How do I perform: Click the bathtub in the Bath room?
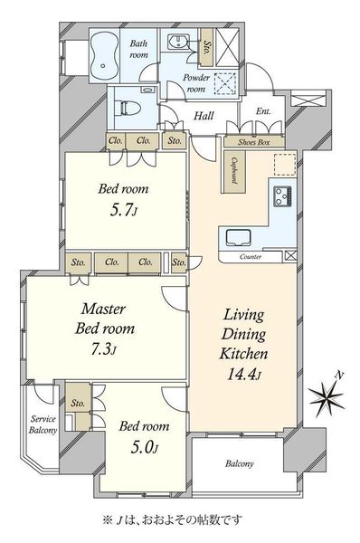coord(105,55)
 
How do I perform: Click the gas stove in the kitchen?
coord(283,196)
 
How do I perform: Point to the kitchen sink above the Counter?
coord(239,238)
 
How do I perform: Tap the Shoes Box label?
coord(254,142)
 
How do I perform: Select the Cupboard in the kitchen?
coord(234,171)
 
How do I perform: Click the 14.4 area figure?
coord(244,375)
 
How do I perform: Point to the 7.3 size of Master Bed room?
coord(103,349)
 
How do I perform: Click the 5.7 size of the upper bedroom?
coord(123,210)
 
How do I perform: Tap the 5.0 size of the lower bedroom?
coord(145,448)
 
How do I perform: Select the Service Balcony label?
coord(43,424)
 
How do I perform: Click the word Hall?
coord(204,116)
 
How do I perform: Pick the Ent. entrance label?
coord(263,111)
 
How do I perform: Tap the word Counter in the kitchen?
coord(251,257)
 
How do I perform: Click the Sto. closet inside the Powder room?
coord(207,48)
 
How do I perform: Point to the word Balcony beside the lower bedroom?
coord(239,463)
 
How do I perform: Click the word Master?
coord(103,309)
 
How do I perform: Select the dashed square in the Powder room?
coord(226,83)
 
